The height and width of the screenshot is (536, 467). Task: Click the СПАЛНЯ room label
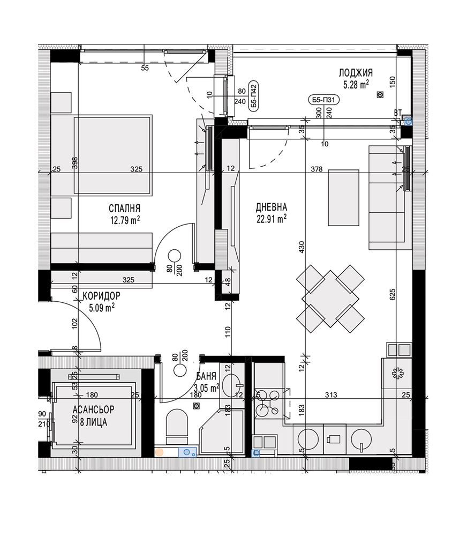[x=124, y=208]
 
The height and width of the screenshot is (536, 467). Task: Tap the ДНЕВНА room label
[x=271, y=207]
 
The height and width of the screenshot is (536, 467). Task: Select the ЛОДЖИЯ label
[x=356, y=72]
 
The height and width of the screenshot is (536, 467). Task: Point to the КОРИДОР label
[x=101, y=295]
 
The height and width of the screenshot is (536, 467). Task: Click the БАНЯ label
[x=206, y=376]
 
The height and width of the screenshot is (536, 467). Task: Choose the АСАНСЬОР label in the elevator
[x=93, y=409]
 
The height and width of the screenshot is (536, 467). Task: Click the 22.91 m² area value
[x=271, y=219]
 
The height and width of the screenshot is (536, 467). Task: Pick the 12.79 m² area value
[x=125, y=220]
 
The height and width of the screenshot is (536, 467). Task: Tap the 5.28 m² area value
[x=356, y=84]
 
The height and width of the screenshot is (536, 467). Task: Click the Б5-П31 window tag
[x=323, y=100]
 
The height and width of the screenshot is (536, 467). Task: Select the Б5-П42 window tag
[x=253, y=96]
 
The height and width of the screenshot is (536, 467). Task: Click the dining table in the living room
[x=330, y=299]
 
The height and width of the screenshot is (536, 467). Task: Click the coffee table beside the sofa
[x=344, y=198]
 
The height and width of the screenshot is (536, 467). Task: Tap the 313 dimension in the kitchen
[x=330, y=395]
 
